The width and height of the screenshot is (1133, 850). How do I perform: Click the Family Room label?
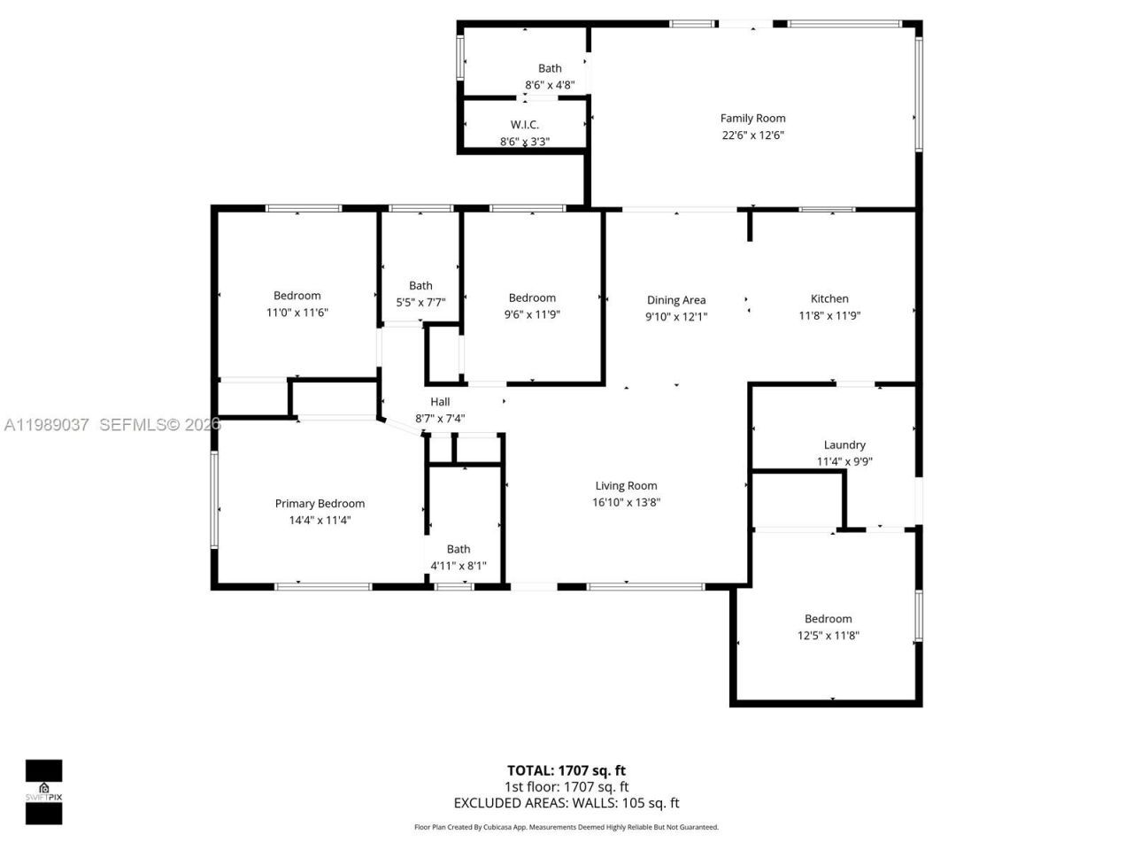(x=752, y=118)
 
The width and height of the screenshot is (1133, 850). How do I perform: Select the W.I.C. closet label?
(x=524, y=125)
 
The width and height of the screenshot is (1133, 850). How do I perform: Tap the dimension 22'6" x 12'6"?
(x=752, y=135)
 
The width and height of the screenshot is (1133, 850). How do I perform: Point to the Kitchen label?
(x=829, y=298)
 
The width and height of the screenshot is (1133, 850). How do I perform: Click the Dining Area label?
(x=676, y=300)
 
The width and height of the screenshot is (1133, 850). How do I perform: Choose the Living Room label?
(x=626, y=485)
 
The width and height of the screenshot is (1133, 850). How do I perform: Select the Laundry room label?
(x=844, y=444)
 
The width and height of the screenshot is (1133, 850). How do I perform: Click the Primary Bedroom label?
(x=320, y=503)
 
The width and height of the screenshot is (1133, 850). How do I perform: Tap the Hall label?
(x=440, y=402)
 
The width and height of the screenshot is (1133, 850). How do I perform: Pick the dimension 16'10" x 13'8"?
(x=626, y=502)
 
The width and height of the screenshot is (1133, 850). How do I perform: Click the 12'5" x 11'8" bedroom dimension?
(x=829, y=636)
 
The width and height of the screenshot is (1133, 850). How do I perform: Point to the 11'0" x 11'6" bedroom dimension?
(x=297, y=313)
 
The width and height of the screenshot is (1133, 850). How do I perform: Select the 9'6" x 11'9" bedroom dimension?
(x=532, y=314)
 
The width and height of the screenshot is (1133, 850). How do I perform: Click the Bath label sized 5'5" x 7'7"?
(x=420, y=285)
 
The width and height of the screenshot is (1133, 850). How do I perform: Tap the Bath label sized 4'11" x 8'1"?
(x=459, y=549)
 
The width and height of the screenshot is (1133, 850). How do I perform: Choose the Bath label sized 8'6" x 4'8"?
(x=550, y=68)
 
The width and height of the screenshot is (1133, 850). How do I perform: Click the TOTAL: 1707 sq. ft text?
(x=566, y=770)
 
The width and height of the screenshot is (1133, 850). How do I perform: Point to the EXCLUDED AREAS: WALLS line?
(x=566, y=803)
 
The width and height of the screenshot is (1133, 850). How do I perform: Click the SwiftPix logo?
(x=43, y=792)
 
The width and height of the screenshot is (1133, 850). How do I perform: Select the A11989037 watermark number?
(x=46, y=425)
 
